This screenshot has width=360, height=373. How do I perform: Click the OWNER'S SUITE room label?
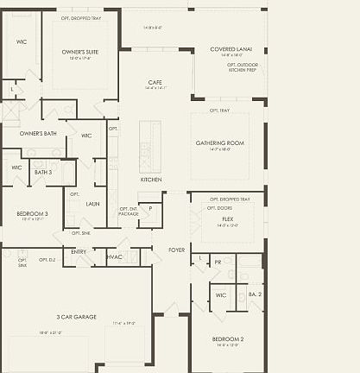pos(79,52)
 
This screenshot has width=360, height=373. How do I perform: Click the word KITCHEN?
pos(151,180)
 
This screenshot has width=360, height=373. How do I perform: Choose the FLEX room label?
pos(227,219)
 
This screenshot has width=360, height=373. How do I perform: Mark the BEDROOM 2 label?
pos(228,339)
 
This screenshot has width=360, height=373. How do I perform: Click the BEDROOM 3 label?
pos(32,213)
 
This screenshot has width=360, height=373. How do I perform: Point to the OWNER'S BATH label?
pos(38,133)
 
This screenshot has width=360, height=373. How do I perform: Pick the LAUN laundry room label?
pos(92,205)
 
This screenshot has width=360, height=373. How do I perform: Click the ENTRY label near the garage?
pos(79,252)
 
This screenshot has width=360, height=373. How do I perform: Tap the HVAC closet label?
pos(114,256)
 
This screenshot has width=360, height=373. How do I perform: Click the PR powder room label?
pos(218,262)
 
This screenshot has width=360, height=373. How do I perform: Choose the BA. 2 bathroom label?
pos(255,295)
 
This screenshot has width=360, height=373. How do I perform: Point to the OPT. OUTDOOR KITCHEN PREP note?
pos(243,66)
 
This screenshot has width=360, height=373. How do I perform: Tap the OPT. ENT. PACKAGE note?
pos(129,212)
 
